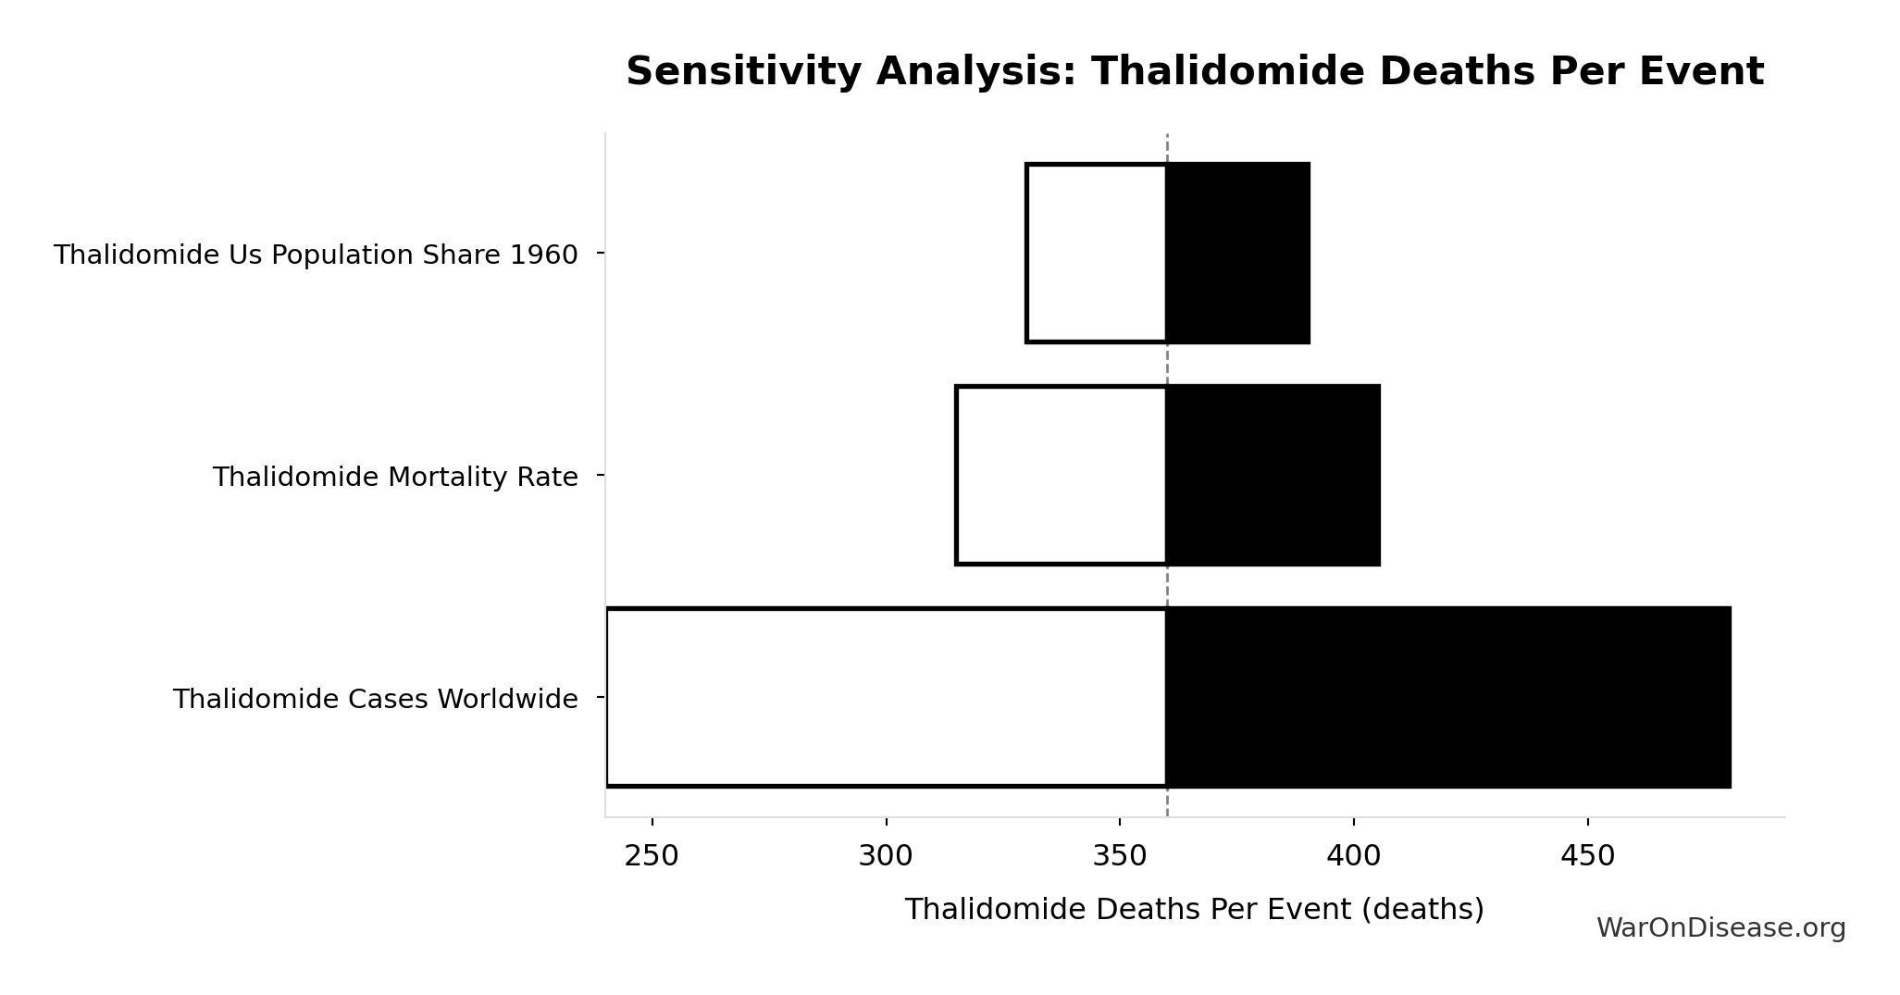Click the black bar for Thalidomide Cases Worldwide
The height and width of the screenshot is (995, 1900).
click(1448, 697)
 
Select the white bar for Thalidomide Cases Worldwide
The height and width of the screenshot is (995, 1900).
click(886, 697)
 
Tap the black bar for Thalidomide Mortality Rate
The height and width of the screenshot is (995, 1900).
click(1273, 475)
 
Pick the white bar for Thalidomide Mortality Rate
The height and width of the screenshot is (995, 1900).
click(1061, 475)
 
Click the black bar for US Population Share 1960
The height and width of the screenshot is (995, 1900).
click(1237, 253)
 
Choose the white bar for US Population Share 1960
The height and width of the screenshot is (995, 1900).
click(1096, 253)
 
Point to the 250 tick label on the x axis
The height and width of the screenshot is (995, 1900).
click(652, 856)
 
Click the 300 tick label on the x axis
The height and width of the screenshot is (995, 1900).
click(886, 856)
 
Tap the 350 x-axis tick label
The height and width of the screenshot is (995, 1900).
click(1120, 856)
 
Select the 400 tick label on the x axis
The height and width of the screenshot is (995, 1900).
click(1353, 856)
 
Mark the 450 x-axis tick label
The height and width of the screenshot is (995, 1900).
click(1587, 856)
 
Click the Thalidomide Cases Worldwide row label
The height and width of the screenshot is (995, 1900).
click(375, 699)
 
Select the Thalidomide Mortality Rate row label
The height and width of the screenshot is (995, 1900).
click(395, 477)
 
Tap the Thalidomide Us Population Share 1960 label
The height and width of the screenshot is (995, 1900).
click(316, 255)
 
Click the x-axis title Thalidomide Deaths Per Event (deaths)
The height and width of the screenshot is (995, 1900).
click(1194, 909)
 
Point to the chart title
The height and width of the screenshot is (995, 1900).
click(1195, 71)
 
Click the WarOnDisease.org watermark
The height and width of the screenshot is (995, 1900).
click(1720, 927)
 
